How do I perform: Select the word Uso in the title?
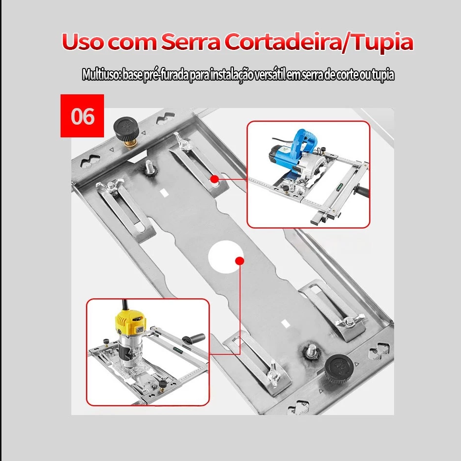83,43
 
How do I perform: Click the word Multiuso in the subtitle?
102,75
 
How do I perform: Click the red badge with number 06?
82,116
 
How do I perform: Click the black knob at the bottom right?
337,367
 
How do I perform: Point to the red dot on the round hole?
239,261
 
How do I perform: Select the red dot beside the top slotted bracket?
214,179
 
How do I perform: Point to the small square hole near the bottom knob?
284,323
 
